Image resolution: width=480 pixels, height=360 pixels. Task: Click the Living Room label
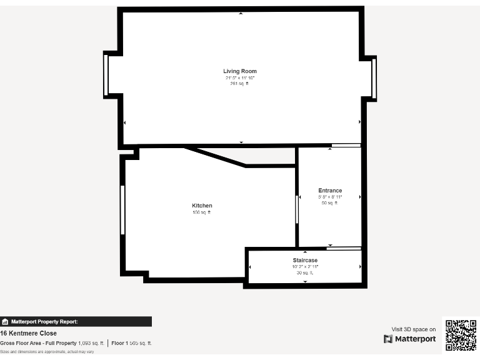[x=240, y=71]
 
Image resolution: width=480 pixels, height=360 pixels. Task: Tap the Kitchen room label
[x=202, y=206]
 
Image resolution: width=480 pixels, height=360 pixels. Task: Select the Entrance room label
[x=330, y=191]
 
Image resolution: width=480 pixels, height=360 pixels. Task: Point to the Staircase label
[x=305, y=260]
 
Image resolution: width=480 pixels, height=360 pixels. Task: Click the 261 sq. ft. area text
[x=239, y=84]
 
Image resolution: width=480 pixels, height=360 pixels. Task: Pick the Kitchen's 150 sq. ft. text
[x=202, y=212]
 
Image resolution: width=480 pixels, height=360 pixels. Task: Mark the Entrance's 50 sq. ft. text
[x=329, y=203]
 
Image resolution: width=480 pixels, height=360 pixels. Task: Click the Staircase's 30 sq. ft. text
[x=305, y=273]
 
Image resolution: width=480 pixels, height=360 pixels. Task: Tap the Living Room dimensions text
[x=240, y=78]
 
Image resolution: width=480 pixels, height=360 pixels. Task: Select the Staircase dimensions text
[x=305, y=267]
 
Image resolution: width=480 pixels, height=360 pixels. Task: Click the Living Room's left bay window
[x=106, y=75]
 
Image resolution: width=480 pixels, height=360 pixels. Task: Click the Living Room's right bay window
[x=374, y=78]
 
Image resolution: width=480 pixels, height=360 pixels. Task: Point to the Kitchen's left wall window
[x=122, y=209]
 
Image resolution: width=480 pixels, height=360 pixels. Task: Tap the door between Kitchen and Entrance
[x=297, y=209]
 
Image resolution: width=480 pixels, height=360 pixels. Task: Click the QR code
[x=461, y=336]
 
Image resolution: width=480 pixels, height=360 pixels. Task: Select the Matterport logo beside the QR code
[x=410, y=339]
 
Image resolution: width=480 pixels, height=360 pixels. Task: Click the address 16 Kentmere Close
[x=28, y=333]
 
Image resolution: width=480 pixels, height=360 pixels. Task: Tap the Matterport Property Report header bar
[x=76, y=322]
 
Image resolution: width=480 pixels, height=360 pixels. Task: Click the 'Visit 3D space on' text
[x=414, y=329]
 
